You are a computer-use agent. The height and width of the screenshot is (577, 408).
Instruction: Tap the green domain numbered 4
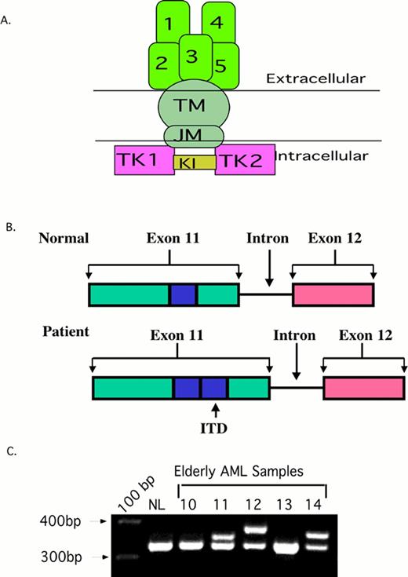(x=217, y=23)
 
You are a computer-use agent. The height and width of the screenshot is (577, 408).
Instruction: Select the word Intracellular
(x=323, y=156)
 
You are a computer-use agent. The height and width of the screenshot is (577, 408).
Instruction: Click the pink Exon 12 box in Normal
(x=333, y=294)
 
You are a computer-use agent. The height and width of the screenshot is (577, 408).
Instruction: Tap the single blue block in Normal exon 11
(x=183, y=294)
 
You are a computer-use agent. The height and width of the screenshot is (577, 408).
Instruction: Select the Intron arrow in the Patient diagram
(x=296, y=360)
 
